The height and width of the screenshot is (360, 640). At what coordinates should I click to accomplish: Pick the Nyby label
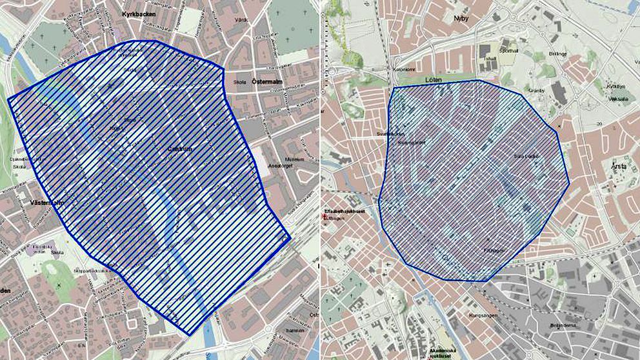[x=461, y=19]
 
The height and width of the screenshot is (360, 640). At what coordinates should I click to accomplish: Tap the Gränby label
[x=537, y=90]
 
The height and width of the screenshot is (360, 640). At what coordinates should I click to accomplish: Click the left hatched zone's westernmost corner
[x=8, y=100]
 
